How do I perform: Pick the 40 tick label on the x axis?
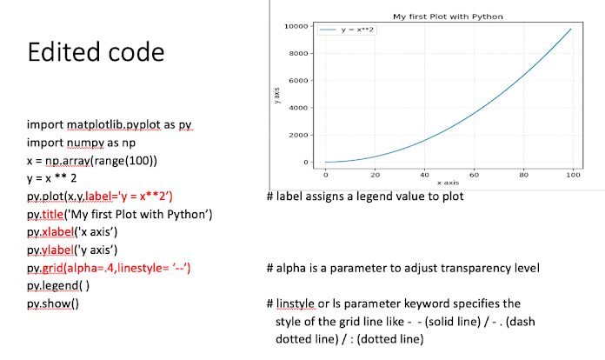(x=424, y=175)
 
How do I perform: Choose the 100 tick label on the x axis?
(x=572, y=175)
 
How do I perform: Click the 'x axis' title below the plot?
(x=448, y=183)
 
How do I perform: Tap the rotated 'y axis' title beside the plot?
(x=276, y=94)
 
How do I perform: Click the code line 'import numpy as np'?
(x=80, y=143)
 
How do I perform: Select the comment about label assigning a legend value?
(x=365, y=197)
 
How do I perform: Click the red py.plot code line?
(x=100, y=197)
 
